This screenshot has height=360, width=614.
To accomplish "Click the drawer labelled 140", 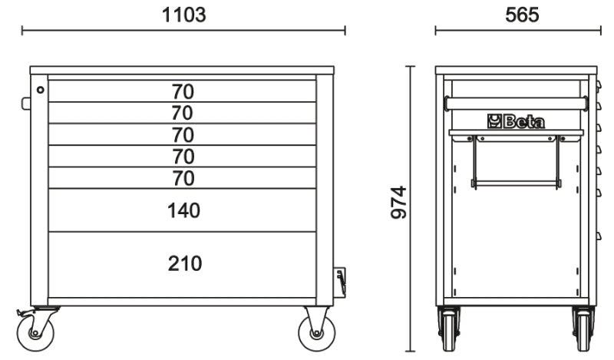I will pyautogui.click(x=183, y=210).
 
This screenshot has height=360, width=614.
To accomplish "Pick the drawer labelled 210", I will pyautogui.click(x=183, y=264).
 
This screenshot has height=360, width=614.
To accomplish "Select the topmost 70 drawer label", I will pyautogui.click(x=183, y=91).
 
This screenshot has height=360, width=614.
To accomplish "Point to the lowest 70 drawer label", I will pyautogui.click(x=183, y=178).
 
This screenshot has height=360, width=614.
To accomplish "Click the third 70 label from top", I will pyautogui.click(x=183, y=135).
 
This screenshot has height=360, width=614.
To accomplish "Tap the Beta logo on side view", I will pyautogui.click(x=516, y=121).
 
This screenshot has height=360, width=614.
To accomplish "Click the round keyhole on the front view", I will pyautogui.click(x=40, y=90).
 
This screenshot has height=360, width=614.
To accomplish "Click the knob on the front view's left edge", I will pyautogui.click(x=26, y=104).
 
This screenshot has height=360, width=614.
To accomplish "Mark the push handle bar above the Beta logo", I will pyautogui.click(x=516, y=103).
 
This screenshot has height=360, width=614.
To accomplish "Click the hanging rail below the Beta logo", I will pyautogui.click(x=516, y=183).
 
